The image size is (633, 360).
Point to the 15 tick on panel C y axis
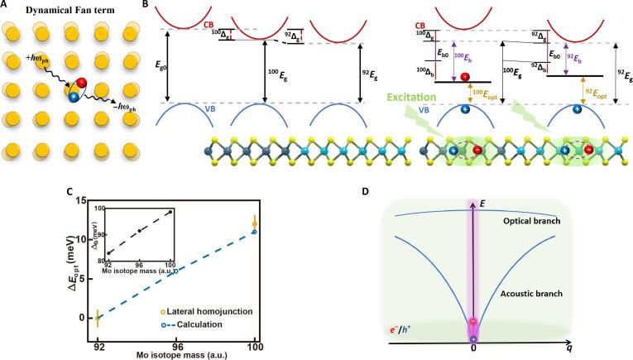coord(80,199)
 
